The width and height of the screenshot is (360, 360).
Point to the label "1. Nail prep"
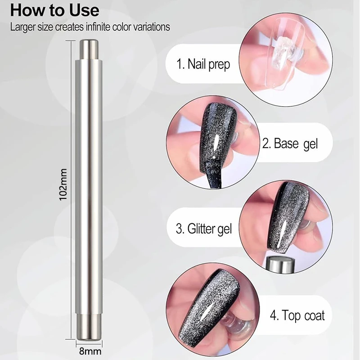point(203,64)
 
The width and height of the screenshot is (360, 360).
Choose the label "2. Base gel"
point(290,144)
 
